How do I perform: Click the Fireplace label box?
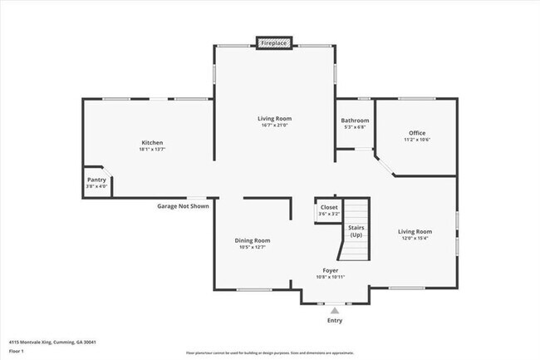[x=274, y=42]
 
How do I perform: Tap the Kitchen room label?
[x=151, y=143]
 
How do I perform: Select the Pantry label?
[x=96, y=180]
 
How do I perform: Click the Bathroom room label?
[x=355, y=121]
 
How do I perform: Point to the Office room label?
[x=416, y=133]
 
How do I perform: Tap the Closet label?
[x=329, y=207]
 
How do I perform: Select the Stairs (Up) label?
[x=356, y=230]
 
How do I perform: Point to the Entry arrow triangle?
[x=335, y=309]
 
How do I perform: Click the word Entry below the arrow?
[x=335, y=320]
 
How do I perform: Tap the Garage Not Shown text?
[x=183, y=205]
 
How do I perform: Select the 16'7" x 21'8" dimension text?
[x=274, y=126]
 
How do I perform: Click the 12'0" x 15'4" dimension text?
[x=415, y=239]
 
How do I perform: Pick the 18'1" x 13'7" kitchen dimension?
[x=151, y=150]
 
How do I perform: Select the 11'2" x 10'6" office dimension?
[x=416, y=141]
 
